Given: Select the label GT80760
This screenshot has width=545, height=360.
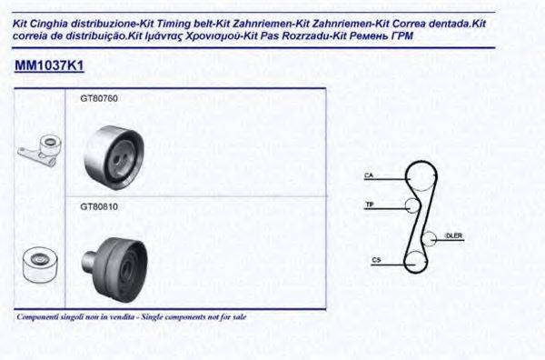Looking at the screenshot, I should click(100, 97).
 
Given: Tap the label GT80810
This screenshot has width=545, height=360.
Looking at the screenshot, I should click(100, 206).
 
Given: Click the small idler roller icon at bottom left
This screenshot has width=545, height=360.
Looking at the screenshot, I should click(37, 263).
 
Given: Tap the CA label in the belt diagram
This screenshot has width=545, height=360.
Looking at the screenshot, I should click(369, 174).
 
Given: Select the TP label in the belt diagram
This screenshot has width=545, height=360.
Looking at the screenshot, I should click(370, 205).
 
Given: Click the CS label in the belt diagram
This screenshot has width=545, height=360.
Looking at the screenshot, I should click(375, 261).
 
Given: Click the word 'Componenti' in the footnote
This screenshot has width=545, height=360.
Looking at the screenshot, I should click(39, 317).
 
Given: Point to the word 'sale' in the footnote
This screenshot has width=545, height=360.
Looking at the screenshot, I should click(238, 317).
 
